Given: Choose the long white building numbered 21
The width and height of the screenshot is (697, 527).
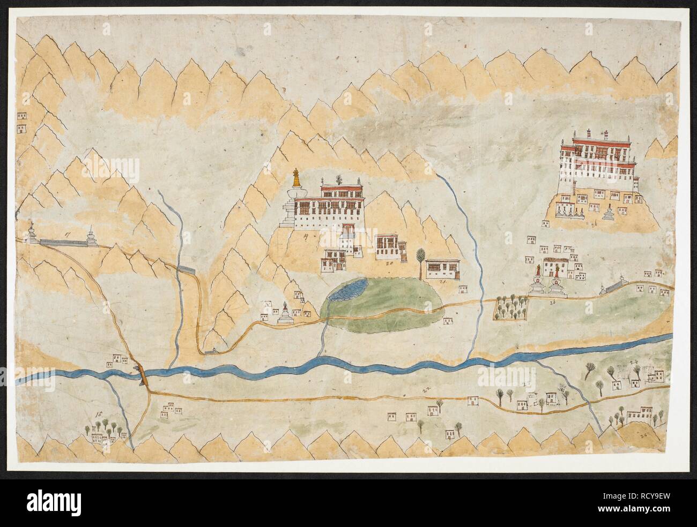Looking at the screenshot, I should pos(443,269).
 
